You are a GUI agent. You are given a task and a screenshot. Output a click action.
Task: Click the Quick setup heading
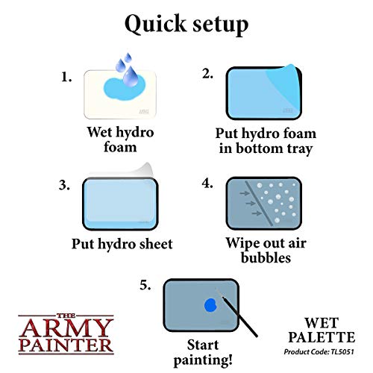pos(186,24)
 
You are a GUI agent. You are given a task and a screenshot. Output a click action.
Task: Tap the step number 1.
pos(66,76)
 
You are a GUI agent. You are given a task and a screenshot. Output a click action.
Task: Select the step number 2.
pos(208,73)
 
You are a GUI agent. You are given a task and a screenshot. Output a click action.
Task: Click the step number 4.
pos(208,183)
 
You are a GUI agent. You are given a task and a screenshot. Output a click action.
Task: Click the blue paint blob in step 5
pos(210,305)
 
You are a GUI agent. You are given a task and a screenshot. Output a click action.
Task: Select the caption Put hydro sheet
pos(122,243)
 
